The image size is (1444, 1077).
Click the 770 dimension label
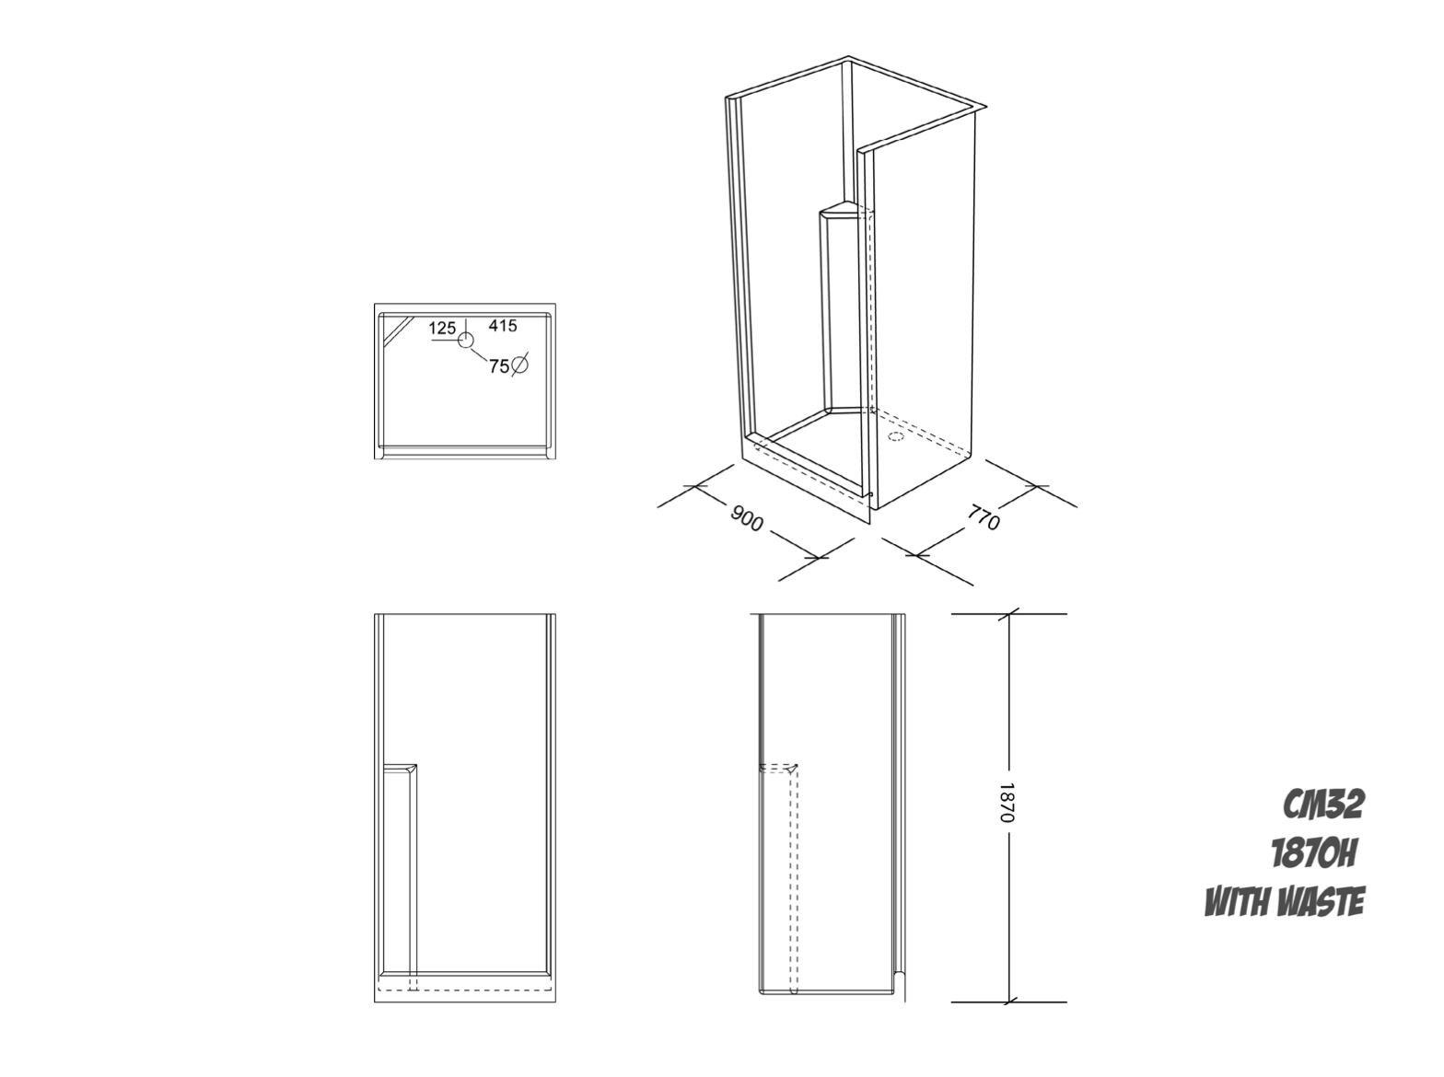984,516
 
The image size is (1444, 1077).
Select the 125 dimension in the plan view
443,328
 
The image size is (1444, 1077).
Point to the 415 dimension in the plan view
503,325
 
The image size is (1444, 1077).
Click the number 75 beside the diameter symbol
499,366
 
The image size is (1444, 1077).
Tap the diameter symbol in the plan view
519,365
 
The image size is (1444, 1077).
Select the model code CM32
1323,805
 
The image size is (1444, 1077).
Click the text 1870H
1314,855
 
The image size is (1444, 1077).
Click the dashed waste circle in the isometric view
896,436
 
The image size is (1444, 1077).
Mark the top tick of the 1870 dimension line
1007,614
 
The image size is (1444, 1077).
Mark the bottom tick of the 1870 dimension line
1007,1002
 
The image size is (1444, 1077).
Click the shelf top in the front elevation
400,768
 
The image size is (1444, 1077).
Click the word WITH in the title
1236,902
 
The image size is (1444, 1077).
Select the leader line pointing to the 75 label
479,355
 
